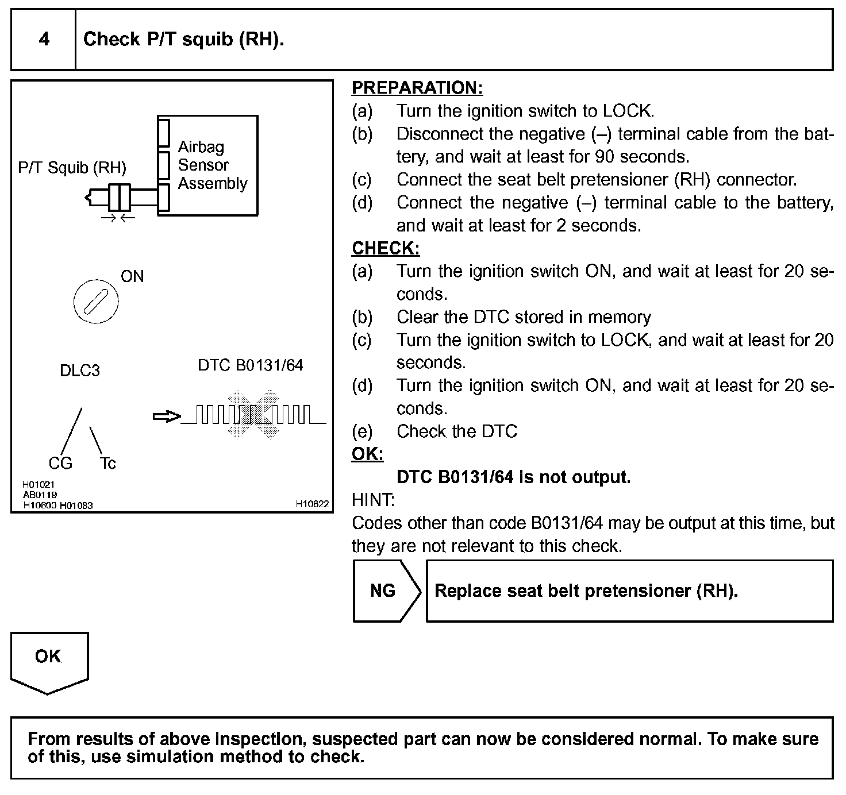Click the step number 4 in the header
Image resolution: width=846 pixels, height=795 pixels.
coord(44,39)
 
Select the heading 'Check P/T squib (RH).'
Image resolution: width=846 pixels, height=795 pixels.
coord(183,39)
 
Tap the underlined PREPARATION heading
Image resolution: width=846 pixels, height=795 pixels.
coord(417,88)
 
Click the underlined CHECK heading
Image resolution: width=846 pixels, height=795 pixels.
coord(386,248)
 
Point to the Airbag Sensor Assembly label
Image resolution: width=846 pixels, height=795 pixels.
coord(212,165)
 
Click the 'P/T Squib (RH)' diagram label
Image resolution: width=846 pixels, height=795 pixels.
coord(72,168)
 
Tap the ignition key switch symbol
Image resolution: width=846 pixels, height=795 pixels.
coord(96,302)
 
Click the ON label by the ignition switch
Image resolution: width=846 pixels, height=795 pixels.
coord(132,276)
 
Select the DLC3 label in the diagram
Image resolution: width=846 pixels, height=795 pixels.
coord(80,371)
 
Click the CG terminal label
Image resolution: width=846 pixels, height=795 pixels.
coord(60,463)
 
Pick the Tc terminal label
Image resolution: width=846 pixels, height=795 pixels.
coord(107,463)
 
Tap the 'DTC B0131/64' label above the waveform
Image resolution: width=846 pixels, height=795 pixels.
coord(250,365)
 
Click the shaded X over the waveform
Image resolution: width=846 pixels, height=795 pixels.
coord(253,415)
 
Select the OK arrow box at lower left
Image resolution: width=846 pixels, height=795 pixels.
coord(49,661)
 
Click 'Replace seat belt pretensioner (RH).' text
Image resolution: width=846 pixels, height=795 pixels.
coord(586,591)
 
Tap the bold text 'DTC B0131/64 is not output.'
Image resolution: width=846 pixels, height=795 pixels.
coord(513,477)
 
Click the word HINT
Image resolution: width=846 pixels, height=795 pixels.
coord(373,500)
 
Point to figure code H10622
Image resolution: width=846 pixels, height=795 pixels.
coord(312,504)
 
